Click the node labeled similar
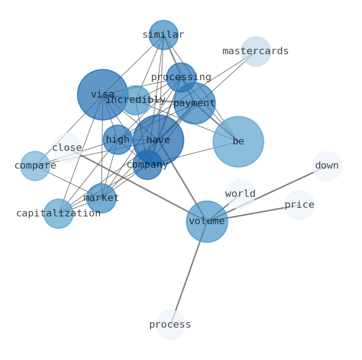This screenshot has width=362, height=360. (x=163, y=35)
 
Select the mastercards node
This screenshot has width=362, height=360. (x=256, y=51)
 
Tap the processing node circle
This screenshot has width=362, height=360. (x=181, y=77)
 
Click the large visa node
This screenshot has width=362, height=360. (x=103, y=95)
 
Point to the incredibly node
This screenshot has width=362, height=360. (x=135, y=100)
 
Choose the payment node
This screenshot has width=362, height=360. (x=194, y=103)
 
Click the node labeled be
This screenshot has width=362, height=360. (x=238, y=142)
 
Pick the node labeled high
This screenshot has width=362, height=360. (x=118, y=140)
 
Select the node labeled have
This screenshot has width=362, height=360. (x=158, y=140)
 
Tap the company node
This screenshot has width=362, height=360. (x=147, y=165)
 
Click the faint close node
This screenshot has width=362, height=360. (x=67, y=148)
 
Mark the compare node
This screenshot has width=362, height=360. (x=35, y=166)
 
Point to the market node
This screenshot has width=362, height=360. (x=101, y=198)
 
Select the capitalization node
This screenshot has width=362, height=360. (x=58, y=214)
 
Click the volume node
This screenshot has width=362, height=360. (x=207, y=221)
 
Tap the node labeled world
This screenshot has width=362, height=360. (x=240, y=194)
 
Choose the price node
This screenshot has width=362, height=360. (x=300, y=205)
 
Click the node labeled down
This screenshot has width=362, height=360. (x=327, y=166)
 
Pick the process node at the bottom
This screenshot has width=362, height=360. (x=170, y=325)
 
